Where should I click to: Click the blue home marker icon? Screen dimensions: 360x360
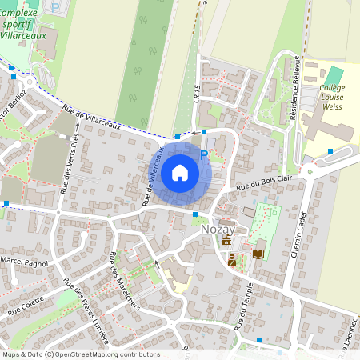click(180, 172)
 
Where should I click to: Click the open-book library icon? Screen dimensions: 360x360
click(258, 254)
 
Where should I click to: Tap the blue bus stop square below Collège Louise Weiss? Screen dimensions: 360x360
click(330, 150)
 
